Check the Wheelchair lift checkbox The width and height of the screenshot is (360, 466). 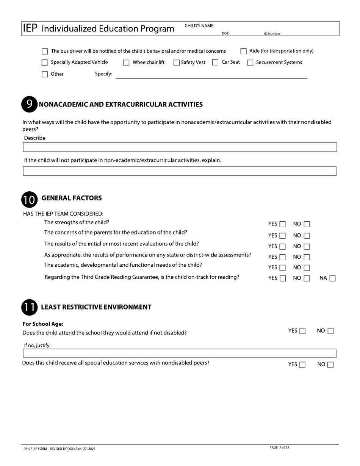pyautogui.click(x=127, y=63)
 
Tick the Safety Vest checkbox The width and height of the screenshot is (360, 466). pyautogui.click(x=177, y=63)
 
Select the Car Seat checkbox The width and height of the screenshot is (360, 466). pyautogui.click(x=215, y=63)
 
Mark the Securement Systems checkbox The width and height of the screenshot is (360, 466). pyautogui.click(x=250, y=63)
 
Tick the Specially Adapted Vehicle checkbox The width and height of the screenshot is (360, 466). pyautogui.click(x=45, y=63)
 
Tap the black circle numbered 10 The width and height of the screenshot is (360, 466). pyautogui.click(x=29, y=199)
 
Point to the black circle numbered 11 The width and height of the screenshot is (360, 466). pyautogui.click(x=29, y=307)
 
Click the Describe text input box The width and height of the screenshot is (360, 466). pyautogui.click(x=180, y=147)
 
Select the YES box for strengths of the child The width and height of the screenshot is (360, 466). pyautogui.click(x=282, y=224)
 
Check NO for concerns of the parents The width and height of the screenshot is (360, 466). pyautogui.click(x=307, y=235)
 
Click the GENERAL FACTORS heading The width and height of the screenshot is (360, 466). pyautogui.click(x=71, y=198)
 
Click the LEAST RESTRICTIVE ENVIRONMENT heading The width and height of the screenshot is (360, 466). pyautogui.click(x=96, y=307)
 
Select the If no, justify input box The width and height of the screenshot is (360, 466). pyautogui.click(x=180, y=353)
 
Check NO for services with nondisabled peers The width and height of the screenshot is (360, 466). pyautogui.click(x=330, y=365)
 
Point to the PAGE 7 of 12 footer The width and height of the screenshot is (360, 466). pyautogui.click(x=279, y=448)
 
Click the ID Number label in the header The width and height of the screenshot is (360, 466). pyautogui.click(x=272, y=34)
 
